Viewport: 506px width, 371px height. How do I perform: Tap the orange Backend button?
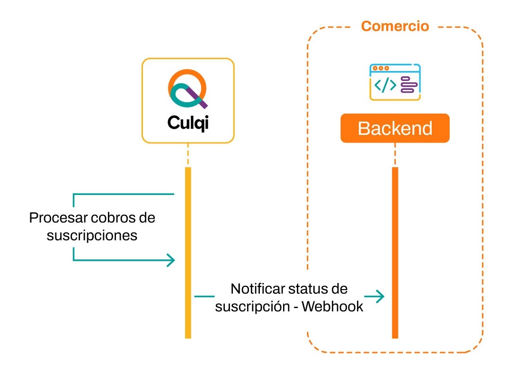coord(395,128)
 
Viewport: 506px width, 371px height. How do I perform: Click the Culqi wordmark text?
coord(188,123)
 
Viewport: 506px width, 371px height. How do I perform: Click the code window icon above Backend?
coord(395,82)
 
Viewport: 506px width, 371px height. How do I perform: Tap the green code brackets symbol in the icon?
coord(385,85)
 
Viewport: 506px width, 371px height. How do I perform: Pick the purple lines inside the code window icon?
coord(408,86)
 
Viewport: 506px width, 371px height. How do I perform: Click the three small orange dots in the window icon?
coord(381,68)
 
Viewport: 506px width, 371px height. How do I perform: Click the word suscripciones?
coord(92,235)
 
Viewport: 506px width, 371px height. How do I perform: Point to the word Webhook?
coord(332,306)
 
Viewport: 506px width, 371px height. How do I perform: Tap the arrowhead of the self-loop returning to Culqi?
coord(171,260)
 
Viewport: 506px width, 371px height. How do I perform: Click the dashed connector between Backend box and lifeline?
coord(395,154)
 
